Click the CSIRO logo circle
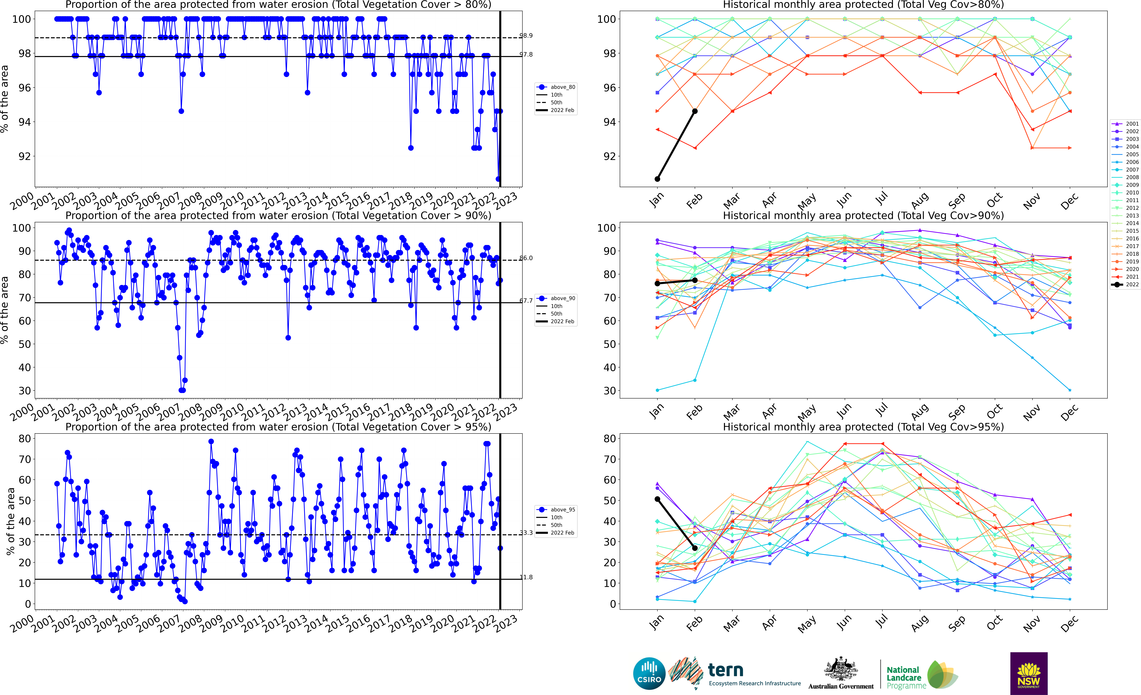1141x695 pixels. pyautogui.click(x=649, y=673)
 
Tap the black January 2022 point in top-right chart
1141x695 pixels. pyautogui.click(x=657, y=179)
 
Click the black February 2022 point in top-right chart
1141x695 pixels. pyautogui.click(x=695, y=111)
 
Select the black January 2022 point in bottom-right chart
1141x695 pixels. pyautogui.click(x=657, y=499)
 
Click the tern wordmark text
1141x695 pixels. pyautogui.click(x=726, y=670)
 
